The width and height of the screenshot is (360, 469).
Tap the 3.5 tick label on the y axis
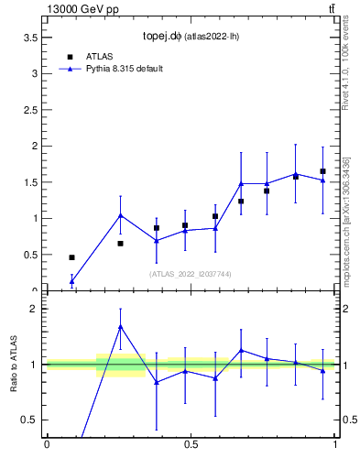coord(30,37)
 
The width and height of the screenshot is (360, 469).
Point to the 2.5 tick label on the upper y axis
coord(30,109)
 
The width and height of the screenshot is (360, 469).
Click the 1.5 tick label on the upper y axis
coord(30,182)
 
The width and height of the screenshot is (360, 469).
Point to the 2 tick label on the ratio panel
coord(34,309)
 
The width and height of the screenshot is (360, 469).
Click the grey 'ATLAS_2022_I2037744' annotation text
coord(191,274)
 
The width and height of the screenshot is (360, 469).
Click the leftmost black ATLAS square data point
coord(71,257)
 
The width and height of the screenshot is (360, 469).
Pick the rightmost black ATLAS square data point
coord(322,171)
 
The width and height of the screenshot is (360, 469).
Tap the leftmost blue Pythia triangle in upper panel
coord(71,281)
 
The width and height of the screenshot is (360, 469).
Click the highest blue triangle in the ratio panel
coord(121,326)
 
